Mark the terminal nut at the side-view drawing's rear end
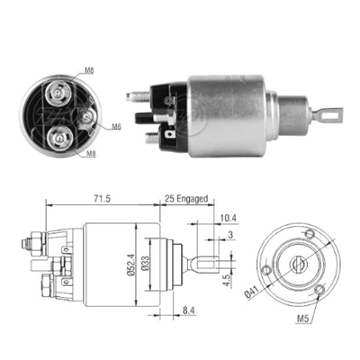tap(30, 240)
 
